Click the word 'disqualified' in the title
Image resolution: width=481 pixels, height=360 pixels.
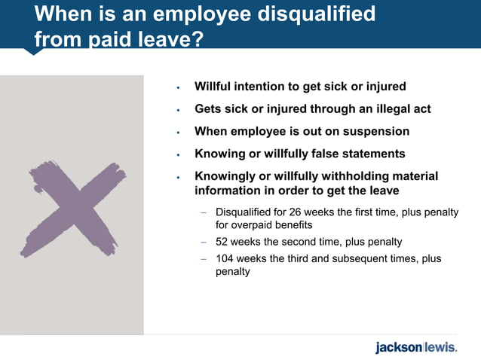(314, 14)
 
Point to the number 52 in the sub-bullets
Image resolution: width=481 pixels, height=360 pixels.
(224, 242)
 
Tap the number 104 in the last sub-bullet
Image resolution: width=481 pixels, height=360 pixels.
(227, 258)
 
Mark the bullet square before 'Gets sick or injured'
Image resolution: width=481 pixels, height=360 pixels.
(178, 110)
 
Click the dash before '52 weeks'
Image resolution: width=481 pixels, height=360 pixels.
(204, 243)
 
